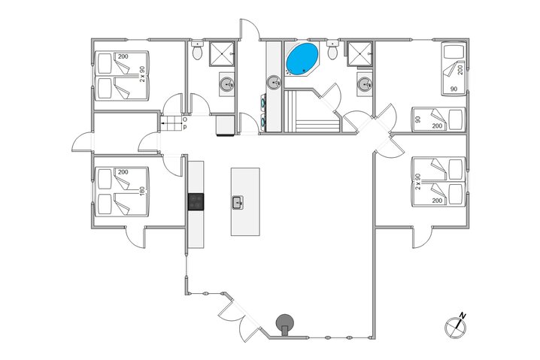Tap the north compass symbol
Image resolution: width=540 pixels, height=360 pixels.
click(x=456, y=324)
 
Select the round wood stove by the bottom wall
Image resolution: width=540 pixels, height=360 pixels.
click(x=285, y=322)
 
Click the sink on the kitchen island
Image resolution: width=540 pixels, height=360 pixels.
click(x=238, y=201)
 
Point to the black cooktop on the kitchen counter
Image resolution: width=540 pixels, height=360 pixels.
click(x=196, y=201)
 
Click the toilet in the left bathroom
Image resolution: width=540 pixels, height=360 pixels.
click(x=196, y=53)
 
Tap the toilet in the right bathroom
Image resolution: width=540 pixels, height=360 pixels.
click(x=332, y=53)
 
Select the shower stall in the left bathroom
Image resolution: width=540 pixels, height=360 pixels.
click(x=221, y=53)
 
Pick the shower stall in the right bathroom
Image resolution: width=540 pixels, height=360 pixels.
click(x=360, y=53)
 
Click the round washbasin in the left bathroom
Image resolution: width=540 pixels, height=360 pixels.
click(x=226, y=84)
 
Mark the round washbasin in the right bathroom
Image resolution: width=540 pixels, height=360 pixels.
click(x=365, y=83)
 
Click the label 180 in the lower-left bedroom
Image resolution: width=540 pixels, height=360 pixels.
click(x=141, y=190)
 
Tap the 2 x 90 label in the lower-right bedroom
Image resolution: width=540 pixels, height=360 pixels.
click(x=417, y=182)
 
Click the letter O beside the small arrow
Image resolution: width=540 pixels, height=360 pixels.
click(x=185, y=119)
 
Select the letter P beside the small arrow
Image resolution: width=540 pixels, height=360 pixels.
click(x=185, y=126)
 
